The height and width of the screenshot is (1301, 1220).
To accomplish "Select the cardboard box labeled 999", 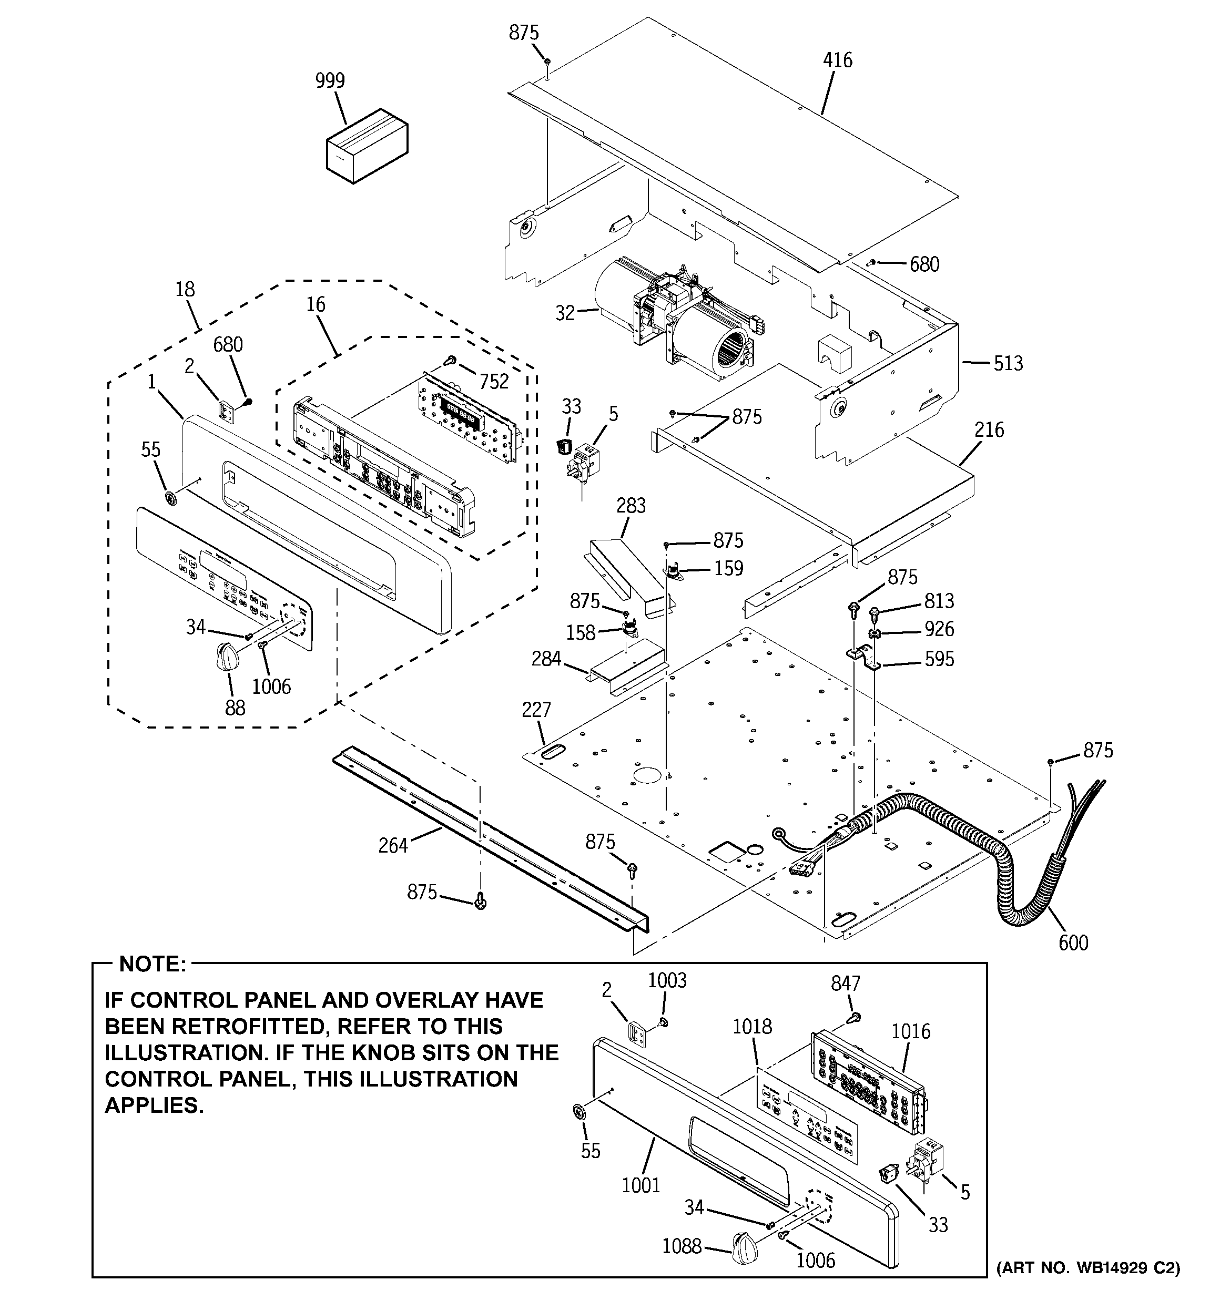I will coord(366,148).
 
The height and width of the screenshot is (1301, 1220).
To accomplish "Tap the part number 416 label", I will coord(838,60).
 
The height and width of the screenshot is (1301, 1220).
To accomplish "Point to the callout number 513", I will coord(1008,363).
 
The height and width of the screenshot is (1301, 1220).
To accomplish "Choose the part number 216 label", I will coord(989,430).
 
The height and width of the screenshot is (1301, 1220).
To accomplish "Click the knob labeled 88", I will coord(226,655).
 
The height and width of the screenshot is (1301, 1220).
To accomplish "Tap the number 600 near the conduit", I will coord(1073,943).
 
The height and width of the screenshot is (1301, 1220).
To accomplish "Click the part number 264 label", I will coord(393,846).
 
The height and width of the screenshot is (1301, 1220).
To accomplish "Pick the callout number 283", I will coord(631,506).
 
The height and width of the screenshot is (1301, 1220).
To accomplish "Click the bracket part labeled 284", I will coord(625,670).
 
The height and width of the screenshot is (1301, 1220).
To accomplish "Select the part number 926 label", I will coord(939,630).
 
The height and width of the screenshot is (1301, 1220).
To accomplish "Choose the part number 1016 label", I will coord(910,1031).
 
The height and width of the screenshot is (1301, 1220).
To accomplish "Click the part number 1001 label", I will coord(640,1185).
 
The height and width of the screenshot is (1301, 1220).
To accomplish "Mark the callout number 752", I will coord(494,382).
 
